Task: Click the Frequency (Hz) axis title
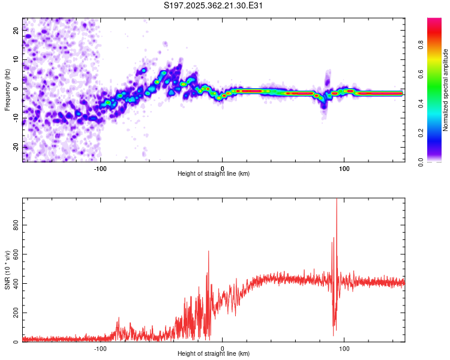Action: coord(7,89)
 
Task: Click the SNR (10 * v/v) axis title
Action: coord(7,270)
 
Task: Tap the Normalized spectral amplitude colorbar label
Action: coord(445,89)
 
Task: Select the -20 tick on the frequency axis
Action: coord(16,147)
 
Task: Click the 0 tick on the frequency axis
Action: coord(16,89)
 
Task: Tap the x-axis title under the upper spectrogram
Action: coord(214,174)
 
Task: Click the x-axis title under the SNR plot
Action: coord(214,354)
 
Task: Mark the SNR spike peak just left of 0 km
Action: coord(208,251)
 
